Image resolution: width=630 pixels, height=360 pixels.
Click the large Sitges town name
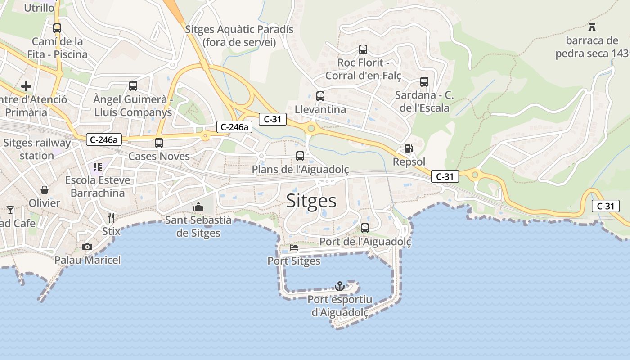(311, 201)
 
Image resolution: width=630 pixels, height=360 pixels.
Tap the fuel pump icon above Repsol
(409, 148)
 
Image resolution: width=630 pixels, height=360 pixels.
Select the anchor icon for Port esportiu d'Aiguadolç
(340, 286)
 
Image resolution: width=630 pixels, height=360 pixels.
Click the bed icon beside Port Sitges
(294, 247)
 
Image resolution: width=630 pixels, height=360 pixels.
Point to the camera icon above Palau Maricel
(87, 247)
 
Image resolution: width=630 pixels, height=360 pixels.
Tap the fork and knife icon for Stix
(111, 218)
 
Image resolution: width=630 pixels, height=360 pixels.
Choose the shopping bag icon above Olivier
(44, 190)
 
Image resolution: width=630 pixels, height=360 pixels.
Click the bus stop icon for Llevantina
(320, 96)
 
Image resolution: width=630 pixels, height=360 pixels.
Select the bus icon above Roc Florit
(363, 49)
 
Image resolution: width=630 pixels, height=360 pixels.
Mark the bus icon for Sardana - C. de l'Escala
(424, 81)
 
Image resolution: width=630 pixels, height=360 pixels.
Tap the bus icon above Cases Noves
(159, 143)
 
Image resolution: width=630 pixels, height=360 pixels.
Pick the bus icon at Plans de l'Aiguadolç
(300, 156)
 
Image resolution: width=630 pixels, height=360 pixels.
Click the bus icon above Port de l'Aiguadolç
(365, 228)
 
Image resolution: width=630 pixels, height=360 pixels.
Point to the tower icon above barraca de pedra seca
(592, 27)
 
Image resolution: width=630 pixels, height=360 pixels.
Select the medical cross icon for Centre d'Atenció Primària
(27, 86)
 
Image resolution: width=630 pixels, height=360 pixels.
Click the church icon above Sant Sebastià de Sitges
(198, 207)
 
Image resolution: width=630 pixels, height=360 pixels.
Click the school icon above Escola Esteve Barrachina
(98, 167)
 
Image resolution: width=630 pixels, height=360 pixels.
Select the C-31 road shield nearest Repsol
(445, 176)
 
